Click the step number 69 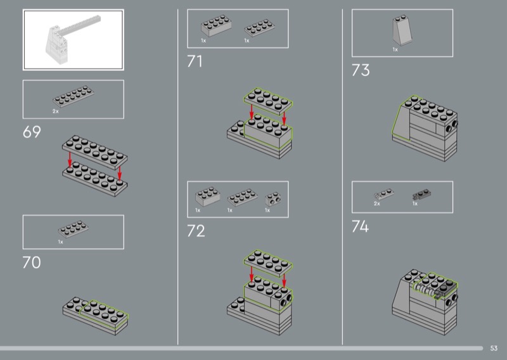click(32, 132)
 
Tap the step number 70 click(32, 262)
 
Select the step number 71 click(195, 61)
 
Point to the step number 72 click(196, 231)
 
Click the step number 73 click(361, 70)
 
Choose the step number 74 click(360, 226)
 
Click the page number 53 click(494, 348)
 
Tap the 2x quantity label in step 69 click(56, 112)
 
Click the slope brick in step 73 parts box click(402, 30)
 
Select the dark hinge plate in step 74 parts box click(421, 195)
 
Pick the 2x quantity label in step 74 click(377, 203)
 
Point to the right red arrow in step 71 click(284, 119)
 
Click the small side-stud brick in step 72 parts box click(273, 199)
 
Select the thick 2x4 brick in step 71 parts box click(216, 26)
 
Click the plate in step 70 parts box click(74, 229)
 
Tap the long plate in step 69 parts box click(74, 96)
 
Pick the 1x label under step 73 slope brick click(395, 49)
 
